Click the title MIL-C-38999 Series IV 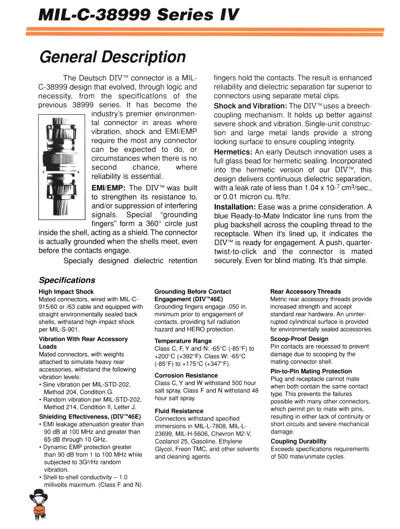tap(139, 15)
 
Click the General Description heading tap(113, 57)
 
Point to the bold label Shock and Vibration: tap(250, 106)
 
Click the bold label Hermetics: tap(234, 152)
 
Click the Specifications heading tap(67, 280)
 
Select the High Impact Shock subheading tap(66, 292)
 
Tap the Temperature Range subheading tap(183, 341)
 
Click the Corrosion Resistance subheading tap(186, 375)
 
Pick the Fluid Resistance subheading tap(179, 411)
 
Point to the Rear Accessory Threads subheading tap(306, 292)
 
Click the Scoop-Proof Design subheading tap(299, 339)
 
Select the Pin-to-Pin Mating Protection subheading tap(311, 371)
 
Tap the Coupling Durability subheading tap(298, 441)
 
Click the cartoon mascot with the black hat tap(38, 504)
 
